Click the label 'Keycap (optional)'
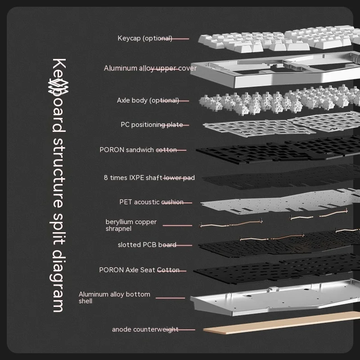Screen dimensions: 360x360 (144, 38)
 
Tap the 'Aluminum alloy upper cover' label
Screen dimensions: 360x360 (150, 68)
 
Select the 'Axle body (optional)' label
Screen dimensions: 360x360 (148, 100)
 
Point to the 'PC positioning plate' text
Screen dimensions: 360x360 (152, 125)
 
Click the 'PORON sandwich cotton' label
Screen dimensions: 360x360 (138, 150)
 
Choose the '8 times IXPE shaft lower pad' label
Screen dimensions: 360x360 (149, 178)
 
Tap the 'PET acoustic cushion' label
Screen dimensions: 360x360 (151, 202)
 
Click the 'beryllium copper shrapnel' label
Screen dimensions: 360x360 (131, 225)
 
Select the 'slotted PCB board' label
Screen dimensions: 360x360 (147, 245)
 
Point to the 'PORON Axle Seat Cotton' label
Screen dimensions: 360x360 (139, 270)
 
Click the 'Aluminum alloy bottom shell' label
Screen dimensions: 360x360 (114, 297)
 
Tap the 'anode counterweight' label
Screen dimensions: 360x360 (145, 329)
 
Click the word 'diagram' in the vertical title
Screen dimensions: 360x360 (59, 279)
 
